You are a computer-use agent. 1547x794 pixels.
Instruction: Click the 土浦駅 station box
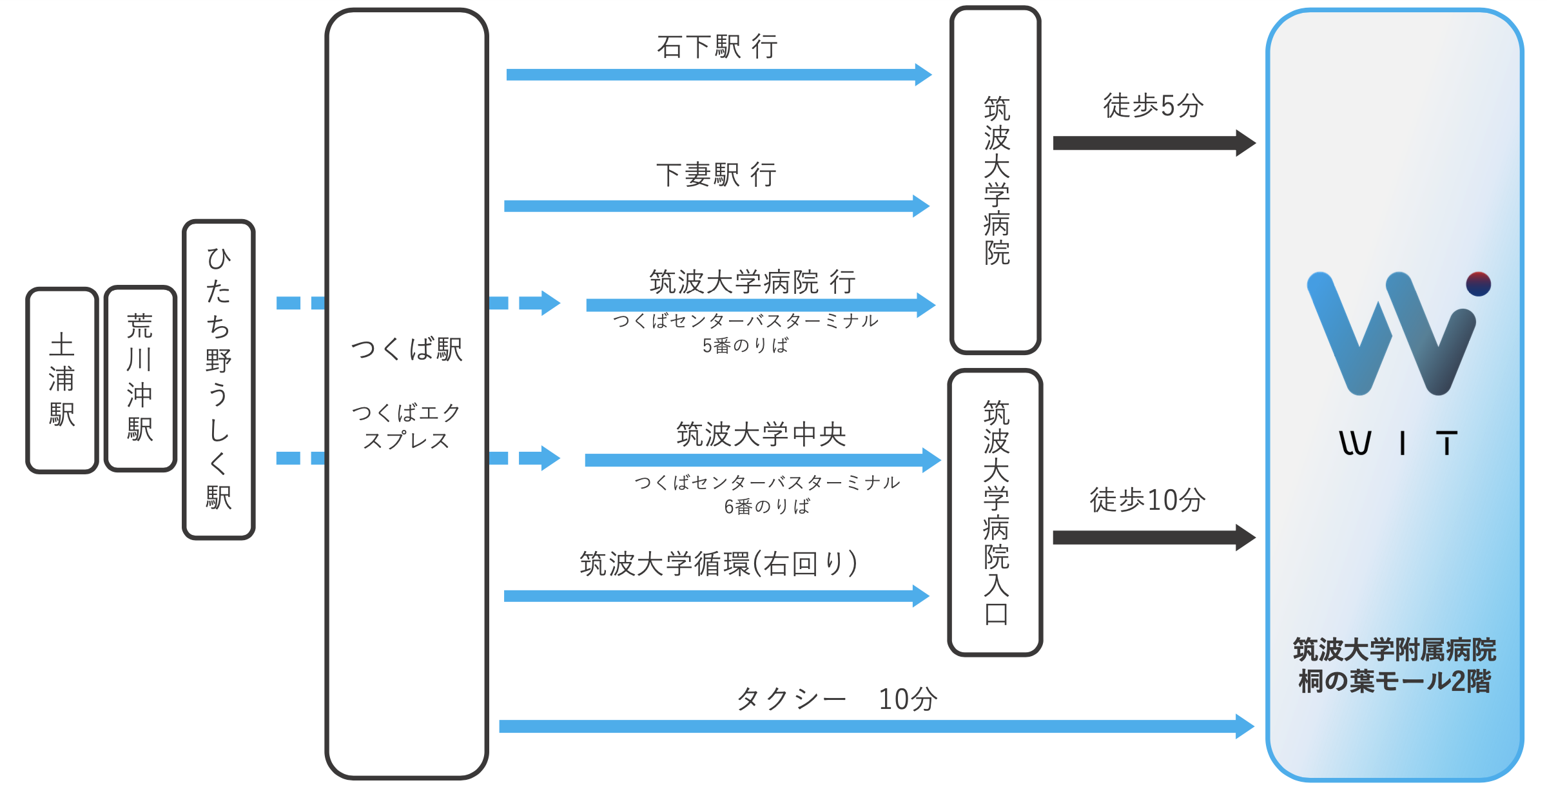point(62,380)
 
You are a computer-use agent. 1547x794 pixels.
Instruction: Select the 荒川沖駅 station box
point(140,378)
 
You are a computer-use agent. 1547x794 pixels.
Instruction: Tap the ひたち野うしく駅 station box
point(219,380)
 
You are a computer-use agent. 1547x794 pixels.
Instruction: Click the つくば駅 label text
point(407,350)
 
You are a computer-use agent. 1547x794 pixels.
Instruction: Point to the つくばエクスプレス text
point(407,427)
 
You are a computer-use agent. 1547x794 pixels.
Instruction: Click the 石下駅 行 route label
point(717,47)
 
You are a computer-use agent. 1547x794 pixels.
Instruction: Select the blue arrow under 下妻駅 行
point(715,206)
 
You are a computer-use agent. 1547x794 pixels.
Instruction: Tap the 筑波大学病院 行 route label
point(752,282)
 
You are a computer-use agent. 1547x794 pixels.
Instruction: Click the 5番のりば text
point(746,346)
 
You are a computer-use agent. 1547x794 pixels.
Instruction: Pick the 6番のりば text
point(767,507)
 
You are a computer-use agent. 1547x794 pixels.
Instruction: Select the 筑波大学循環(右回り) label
point(719,564)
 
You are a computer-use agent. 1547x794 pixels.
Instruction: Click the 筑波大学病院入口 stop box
point(995,512)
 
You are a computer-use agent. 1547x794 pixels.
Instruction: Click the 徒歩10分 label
point(1147,500)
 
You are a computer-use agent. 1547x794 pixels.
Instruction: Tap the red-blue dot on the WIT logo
point(1478,284)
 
